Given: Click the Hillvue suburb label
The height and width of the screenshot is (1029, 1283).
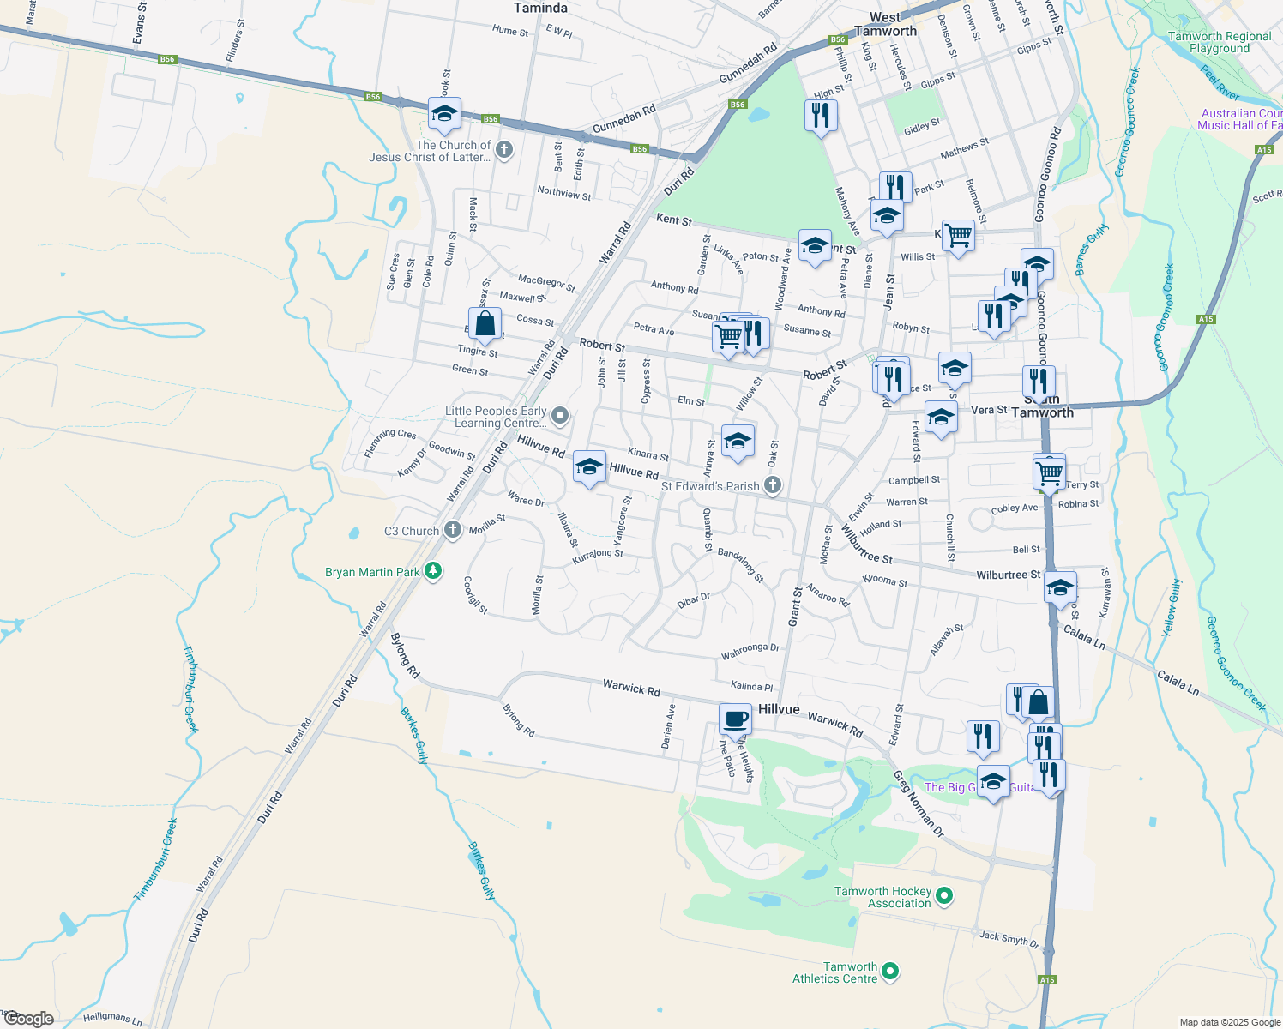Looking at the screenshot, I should point(779,709).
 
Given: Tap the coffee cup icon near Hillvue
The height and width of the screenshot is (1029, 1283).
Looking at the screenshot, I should point(735,718).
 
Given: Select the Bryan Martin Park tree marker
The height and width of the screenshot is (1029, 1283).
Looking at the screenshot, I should point(434,571).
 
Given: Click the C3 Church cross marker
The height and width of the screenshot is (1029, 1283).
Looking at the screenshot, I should point(453,530).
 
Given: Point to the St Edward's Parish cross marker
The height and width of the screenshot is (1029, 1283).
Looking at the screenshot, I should point(773,485).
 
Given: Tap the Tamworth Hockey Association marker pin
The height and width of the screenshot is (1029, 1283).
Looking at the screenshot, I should point(944,896).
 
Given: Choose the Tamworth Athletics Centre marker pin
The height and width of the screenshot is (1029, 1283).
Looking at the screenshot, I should point(890,972).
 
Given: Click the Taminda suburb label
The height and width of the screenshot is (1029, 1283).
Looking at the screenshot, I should point(540,8).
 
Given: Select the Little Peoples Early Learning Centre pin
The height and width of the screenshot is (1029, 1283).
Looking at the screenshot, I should point(560,417).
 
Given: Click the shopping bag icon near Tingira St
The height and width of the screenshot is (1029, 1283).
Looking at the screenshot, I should point(485,324).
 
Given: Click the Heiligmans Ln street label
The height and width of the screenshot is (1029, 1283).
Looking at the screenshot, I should point(112,1019).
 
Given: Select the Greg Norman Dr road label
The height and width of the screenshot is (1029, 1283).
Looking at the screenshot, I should point(919,804).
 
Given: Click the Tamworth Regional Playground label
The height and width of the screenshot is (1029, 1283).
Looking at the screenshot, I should point(1220,42).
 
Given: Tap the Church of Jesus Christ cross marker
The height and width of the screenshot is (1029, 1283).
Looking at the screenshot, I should point(504,151).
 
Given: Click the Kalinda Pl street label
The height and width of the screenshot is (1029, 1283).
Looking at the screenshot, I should point(751,686).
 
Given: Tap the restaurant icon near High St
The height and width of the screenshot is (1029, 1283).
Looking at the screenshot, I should point(821,114).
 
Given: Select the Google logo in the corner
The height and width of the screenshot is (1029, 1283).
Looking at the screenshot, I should point(29,1019).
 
